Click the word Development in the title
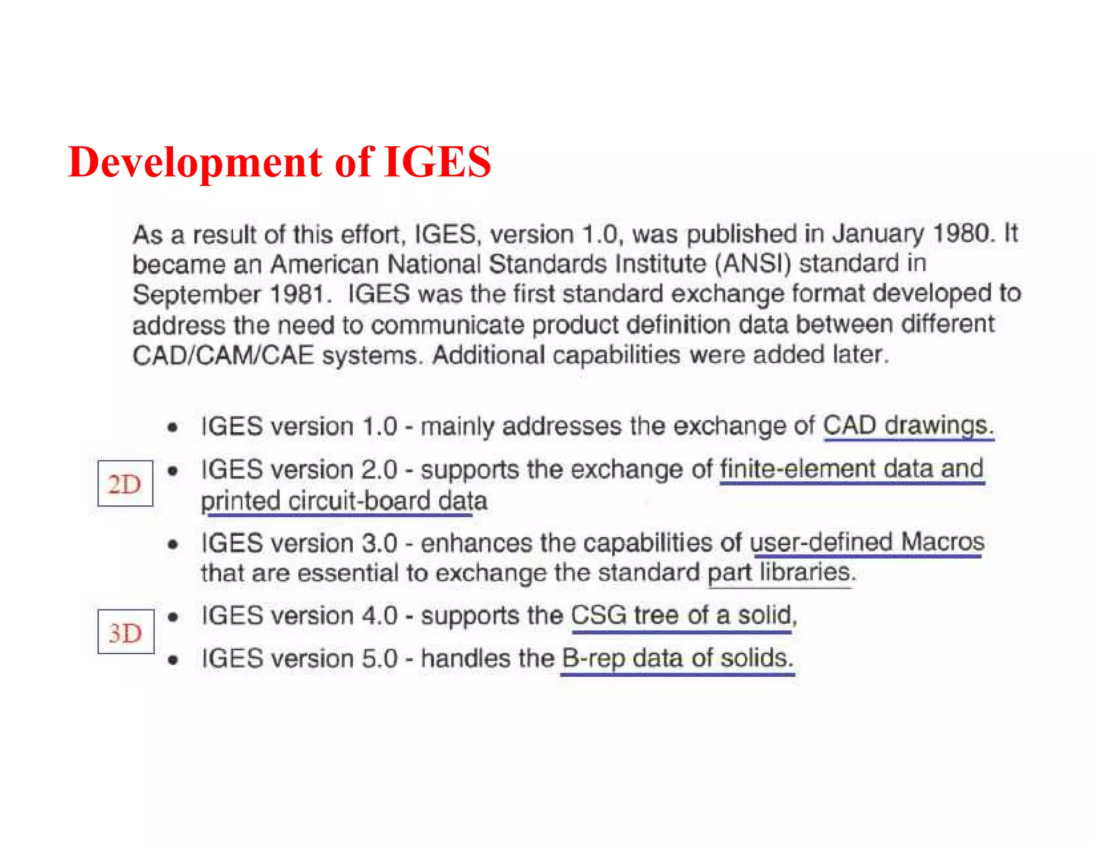click(x=195, y=162)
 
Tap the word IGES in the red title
click(x=437, y=162)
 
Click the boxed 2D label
click(x=125, y=484)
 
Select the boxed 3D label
click(x=125, y=632)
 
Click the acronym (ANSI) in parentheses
click(x=753, y=264)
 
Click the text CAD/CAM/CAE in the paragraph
click(x=223, y=356)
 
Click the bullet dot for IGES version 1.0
click(x=172, y=427)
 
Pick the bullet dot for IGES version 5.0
click(x=172, y=660)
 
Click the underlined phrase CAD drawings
click(x=908, y=426)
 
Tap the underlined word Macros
click(x=942, y=542)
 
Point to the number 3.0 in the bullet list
click(x=379, y=544)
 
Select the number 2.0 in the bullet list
click(x=379, y=470)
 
